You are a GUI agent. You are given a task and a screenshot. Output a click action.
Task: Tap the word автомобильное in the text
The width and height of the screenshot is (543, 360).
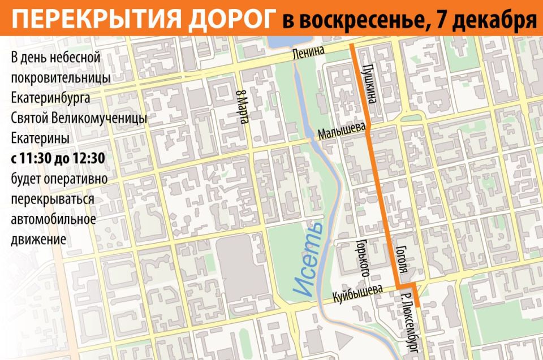53,219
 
